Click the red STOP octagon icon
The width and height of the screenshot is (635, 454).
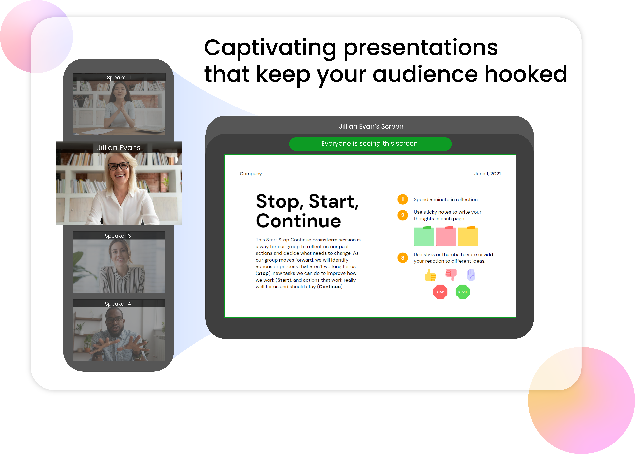[440, 292]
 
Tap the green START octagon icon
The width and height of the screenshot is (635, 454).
[462, 292]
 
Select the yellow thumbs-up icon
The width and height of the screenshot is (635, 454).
[430, 275]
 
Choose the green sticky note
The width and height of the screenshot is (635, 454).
[424, 236]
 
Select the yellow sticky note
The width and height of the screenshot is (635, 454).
[468, 236]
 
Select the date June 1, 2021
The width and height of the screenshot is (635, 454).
[487, 174]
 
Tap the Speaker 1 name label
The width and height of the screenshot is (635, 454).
[119, 77]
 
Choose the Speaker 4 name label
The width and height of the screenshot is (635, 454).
[118, 304]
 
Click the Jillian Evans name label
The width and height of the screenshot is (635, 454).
[119, 148]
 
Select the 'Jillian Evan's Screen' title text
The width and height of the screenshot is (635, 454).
[371, 126]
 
